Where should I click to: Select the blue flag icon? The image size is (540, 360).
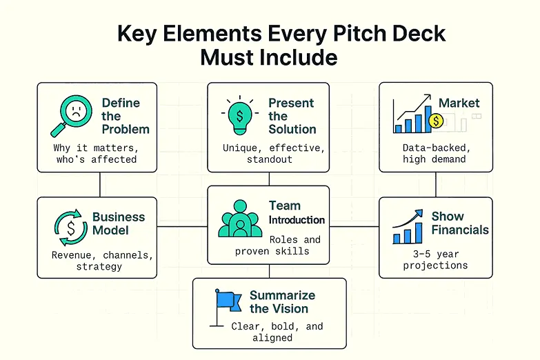tap(228, 301)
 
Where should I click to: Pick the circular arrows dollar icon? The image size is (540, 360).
tap(70, 228)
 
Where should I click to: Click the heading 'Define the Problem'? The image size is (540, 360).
tap(125, 115)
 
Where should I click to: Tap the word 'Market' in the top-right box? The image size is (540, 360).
tap(459, 103)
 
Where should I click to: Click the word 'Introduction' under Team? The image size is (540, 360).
tap(297, 220)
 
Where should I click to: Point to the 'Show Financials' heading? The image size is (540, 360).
tap(460, 223)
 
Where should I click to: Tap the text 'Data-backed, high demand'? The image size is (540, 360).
tap(436, 153)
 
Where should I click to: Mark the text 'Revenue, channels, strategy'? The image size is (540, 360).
tap(102, 261)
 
